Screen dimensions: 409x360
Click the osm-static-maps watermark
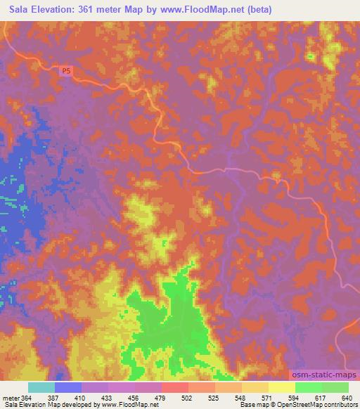324,376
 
